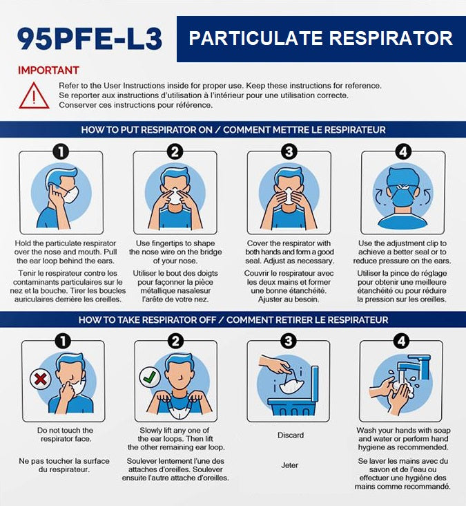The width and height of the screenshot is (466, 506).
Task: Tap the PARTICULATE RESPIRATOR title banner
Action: pos(320,39)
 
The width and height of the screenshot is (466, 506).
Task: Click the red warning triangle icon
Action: pos(34,95)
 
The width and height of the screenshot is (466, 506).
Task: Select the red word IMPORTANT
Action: pos(48,70)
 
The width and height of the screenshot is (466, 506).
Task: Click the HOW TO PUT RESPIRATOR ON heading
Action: pos(233,129)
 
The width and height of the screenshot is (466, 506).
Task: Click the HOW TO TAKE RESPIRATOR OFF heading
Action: pos(233,319)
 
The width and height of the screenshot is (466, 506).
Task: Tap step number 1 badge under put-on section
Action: pos(61,151)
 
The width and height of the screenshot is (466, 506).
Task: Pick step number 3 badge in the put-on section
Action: pos(289,151)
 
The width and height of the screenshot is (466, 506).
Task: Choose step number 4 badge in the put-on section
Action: pos(402,151)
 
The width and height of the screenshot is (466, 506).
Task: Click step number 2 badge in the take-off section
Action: pos(175,341)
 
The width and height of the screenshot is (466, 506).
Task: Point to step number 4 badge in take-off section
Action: pos(402,341)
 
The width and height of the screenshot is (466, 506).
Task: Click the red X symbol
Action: pos(39,378)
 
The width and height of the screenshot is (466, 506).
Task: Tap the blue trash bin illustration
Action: pos(289,397)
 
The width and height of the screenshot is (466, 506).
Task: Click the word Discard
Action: pos(290,435)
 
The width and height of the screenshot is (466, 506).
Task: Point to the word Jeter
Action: pos(290,465)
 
